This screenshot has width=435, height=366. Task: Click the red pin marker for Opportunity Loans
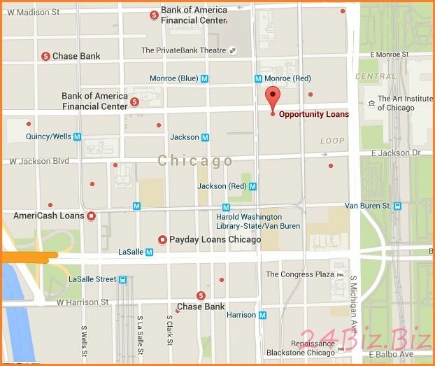pos(273,97)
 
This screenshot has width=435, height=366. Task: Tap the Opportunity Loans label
pos(314,114)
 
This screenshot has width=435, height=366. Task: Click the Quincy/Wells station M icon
pos(77,136)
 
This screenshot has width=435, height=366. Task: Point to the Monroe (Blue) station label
pos(173,78)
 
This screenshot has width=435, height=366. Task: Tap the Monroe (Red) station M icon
pos(258,78)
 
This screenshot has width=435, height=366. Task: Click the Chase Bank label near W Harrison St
pos(201,307)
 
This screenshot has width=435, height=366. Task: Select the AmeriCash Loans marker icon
pos(91,216)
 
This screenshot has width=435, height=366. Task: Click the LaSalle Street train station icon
pos(122,279)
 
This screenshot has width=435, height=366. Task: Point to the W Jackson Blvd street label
pos(39,161)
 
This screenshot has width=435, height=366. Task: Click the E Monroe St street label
pos(390,54)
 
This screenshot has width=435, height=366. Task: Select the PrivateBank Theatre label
pos(183,50)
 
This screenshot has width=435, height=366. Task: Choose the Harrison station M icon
pos(262,315)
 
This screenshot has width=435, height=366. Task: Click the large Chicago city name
pos(195,161)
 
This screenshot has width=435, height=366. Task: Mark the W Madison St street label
pos(34,12)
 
